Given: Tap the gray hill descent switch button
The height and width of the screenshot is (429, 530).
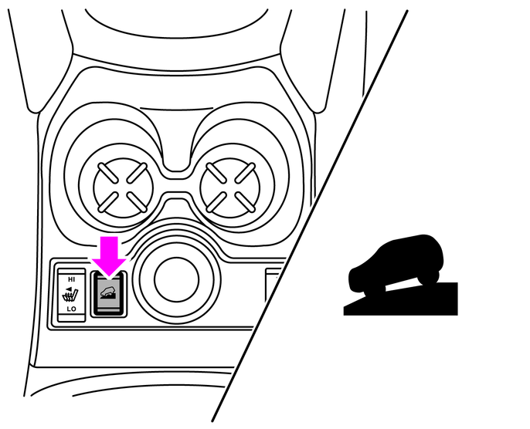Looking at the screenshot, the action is (x=108, y=294).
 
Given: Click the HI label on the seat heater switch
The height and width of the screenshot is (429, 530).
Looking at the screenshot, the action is (x=71, y=279).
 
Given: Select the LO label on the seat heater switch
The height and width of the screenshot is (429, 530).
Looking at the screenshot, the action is (x=71, y=309).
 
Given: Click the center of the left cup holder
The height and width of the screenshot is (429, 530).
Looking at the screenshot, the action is (x=123, y=187).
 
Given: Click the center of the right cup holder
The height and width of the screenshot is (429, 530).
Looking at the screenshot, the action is (x=230, y=187).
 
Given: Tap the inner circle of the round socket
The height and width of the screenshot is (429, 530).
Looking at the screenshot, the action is (x=176, y=279).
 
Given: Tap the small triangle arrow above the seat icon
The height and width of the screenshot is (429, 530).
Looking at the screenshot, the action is (x=69, y=289).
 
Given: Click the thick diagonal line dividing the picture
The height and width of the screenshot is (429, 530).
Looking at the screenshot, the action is (x=310, y=216).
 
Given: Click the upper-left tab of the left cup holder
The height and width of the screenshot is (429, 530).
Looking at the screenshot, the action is (x=107, y=173).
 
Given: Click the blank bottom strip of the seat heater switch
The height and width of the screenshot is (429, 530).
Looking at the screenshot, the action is (x=71, y=317).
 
